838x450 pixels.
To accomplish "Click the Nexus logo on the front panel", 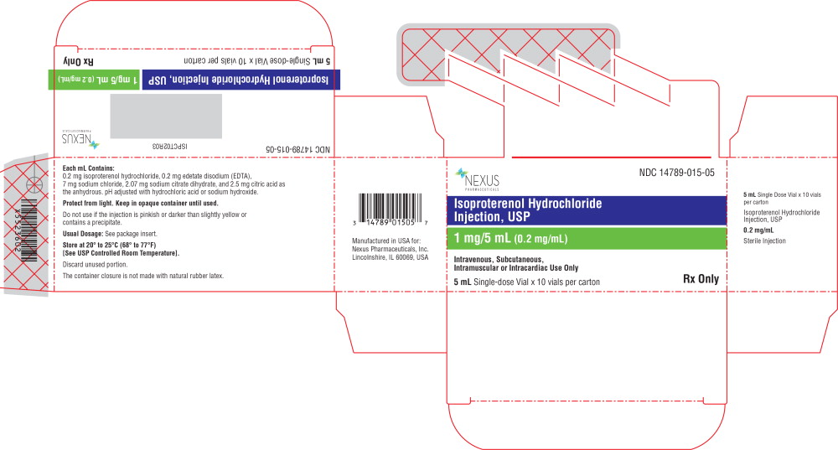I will tap(478, 180).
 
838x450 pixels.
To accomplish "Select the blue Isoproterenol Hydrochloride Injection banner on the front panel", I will tap(586, 210).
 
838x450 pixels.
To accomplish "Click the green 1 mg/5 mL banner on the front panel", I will tap(586, 238).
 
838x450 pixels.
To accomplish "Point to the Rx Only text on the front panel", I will tap(701, 280).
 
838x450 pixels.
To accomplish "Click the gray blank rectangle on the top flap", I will tap(166, 116).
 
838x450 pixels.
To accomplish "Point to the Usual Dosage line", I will tap(122, 234).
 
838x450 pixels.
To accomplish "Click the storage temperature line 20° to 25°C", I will tap(117, 245).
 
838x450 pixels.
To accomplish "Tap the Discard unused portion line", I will tap(96, 264).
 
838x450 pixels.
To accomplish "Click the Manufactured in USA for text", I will tap(387, 241).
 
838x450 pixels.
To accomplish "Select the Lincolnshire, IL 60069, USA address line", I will tap(391, 257).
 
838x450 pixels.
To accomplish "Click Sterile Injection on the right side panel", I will tap(764, 241).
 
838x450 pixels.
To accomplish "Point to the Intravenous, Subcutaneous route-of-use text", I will tap(499, 259).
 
